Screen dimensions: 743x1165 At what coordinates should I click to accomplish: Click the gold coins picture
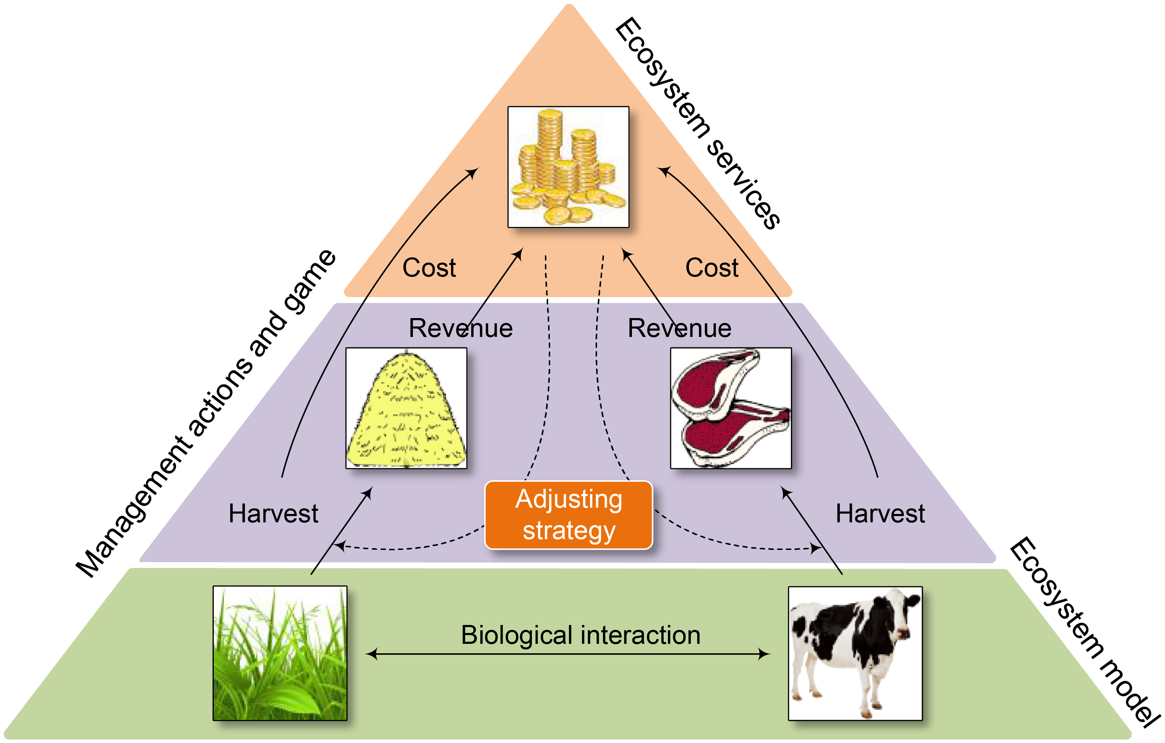point(568,167)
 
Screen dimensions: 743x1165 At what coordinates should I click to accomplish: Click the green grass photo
point(280,653)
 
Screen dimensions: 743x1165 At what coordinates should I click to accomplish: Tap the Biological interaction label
point(581,635)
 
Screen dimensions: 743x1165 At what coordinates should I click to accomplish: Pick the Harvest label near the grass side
point(274,514)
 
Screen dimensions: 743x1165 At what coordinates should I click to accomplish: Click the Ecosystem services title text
point(697,123)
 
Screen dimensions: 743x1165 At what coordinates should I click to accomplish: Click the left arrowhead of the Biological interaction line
point(371,654)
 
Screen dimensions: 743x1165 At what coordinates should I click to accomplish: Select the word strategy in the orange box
point(569,531)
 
